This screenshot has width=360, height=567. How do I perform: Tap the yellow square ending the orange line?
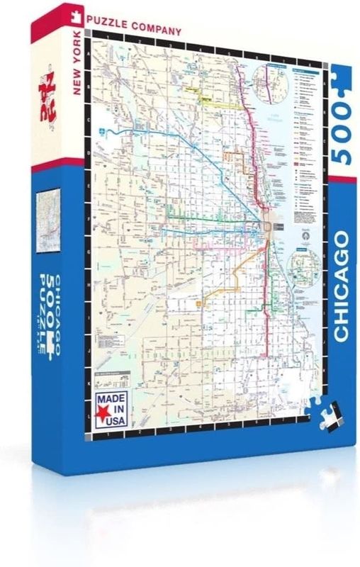199,304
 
